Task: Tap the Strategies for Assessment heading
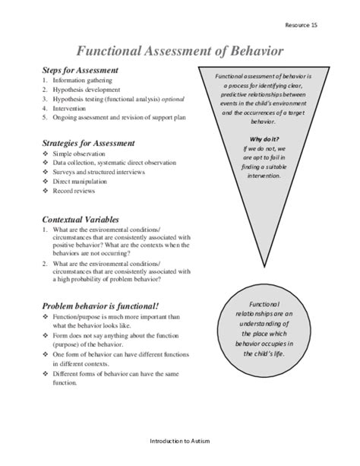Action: [x=89, y=142]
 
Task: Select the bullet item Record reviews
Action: [x=75, y=191]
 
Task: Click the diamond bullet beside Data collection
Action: [x=46, y=163]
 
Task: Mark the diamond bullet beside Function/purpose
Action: [x=46, y=317]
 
